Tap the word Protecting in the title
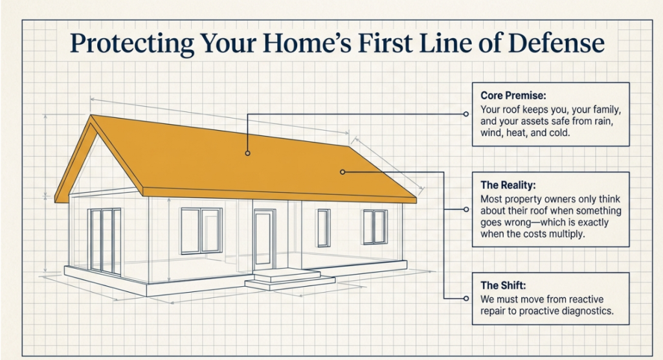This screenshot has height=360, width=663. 132,43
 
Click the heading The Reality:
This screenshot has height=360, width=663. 508,185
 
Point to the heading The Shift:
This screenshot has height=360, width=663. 503,286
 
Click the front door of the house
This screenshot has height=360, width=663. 264,240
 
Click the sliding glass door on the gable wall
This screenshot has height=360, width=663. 104,241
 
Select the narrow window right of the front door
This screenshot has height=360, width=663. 324,228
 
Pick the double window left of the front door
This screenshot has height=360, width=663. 201,231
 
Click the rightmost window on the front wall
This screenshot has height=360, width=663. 375,227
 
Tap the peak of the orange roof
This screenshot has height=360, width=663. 91,115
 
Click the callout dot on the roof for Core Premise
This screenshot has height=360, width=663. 248,153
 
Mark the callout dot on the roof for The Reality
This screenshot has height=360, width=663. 343,172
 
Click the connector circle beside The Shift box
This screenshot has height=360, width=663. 466,298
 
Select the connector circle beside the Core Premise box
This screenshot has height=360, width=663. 466,114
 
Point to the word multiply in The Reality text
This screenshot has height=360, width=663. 568,234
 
